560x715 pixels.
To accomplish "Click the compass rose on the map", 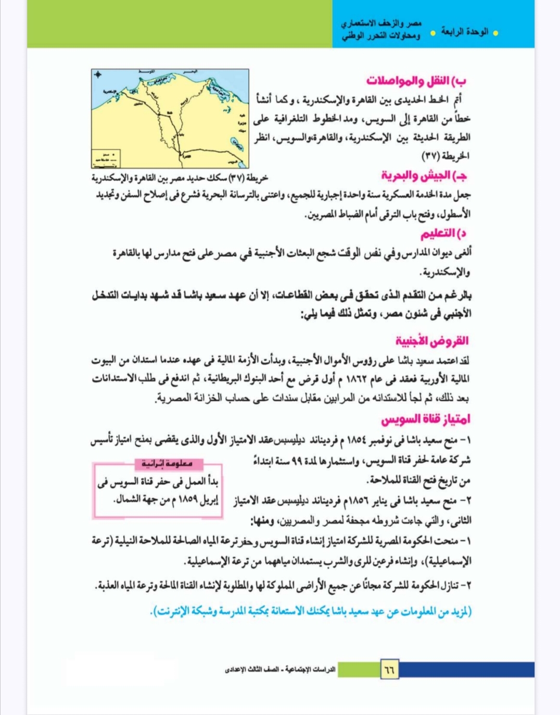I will pos(98,75).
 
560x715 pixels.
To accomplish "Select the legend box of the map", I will pos(106,157).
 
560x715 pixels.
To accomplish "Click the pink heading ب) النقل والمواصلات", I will pos(416,81).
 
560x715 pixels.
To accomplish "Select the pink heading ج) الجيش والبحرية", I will pos(424,176).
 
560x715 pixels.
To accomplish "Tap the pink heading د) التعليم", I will pos(443,233).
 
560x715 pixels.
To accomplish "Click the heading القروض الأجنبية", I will pos(432,341).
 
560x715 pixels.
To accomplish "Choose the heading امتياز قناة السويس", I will pos(426,419).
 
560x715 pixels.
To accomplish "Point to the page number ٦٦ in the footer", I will pos(389,669).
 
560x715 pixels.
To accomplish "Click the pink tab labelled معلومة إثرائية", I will pos(167,464).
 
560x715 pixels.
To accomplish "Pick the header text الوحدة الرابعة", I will pos(465,32).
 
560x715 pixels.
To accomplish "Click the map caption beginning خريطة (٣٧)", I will pos(180,178).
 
